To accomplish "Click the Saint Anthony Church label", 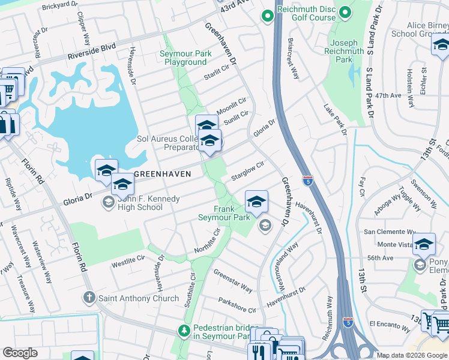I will coord(139,298).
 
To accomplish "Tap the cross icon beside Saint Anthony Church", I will coord(89,298).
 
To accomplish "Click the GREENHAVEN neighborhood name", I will coord(162,174).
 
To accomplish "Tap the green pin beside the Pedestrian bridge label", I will coord(184,329).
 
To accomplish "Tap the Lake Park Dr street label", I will coord(336,119).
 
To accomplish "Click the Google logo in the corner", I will coord(20,353).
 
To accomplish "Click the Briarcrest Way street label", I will coord(293,60).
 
